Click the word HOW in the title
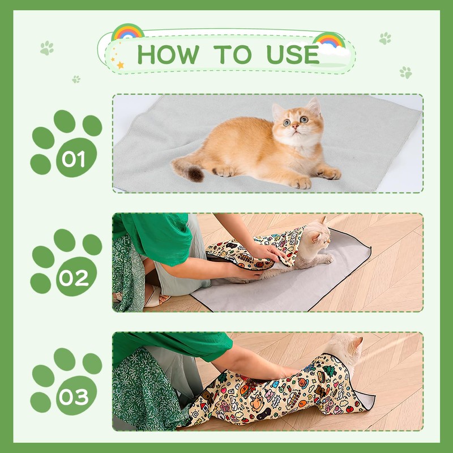click(168, 54)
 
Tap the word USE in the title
click(293, 54)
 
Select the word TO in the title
click(233, 54)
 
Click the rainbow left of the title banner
click(127, 32)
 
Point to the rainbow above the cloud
click(330, 40)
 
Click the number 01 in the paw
click(74, 159)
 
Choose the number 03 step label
click(74, 397)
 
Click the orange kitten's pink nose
click(295, 126)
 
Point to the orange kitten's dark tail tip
click(195, 174)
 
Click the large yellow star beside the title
click(120, 65)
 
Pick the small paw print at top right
click(385, 38)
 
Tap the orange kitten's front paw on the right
click(330, 173)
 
